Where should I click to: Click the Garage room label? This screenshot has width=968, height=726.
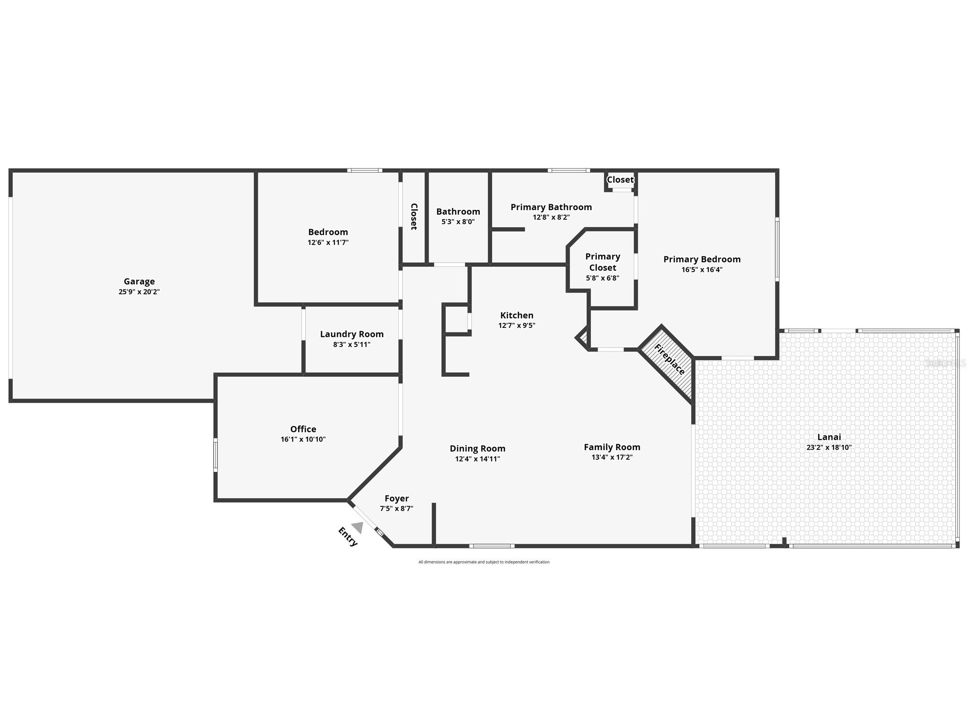139,281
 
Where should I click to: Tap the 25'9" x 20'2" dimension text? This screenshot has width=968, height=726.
139,292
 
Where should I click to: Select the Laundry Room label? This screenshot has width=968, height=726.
351,334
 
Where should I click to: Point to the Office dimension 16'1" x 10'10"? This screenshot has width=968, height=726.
303,439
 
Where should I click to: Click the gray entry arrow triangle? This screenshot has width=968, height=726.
358,527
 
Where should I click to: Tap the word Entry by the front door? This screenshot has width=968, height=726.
348,537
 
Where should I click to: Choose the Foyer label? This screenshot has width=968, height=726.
396,498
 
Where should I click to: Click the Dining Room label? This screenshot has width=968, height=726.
477,448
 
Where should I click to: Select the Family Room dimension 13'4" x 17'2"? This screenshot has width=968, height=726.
612,457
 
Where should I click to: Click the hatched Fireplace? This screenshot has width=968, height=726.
669,360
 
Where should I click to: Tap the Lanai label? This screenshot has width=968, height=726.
829,437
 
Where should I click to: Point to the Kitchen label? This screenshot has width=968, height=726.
517,315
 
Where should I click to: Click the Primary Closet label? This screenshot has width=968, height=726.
602,262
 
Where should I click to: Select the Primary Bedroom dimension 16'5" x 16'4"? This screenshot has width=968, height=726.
702,270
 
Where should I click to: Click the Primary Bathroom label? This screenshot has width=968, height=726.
551,207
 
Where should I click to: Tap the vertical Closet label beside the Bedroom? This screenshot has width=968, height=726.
413,216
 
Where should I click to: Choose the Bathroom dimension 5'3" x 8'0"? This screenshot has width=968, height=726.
458,222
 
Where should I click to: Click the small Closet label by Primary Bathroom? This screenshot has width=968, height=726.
620,180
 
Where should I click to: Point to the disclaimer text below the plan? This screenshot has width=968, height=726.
484,562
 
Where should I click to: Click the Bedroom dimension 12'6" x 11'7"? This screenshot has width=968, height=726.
328,242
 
